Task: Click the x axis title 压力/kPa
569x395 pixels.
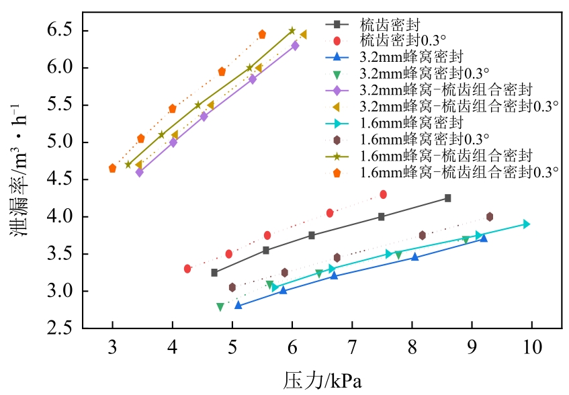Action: [x=322, y=381]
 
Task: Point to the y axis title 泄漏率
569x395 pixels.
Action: [x=19, y=181]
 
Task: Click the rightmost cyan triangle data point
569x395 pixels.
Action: [x=527, y=224]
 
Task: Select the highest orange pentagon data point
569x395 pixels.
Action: [x=263, y=34]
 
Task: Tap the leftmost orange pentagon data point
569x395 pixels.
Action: [x=112, y=168]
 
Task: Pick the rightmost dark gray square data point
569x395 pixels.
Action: [x=448, y=198]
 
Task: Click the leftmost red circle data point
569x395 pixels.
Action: [x=187, y=269]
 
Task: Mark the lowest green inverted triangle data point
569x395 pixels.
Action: [x=220, y=307]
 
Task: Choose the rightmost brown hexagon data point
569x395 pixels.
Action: [x=490, y=216]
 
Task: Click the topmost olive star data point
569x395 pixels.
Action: [x=292, y=31]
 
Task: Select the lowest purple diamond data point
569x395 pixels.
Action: [x=139, y=173]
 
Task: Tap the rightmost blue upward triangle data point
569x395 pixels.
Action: [x=484, y=238]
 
